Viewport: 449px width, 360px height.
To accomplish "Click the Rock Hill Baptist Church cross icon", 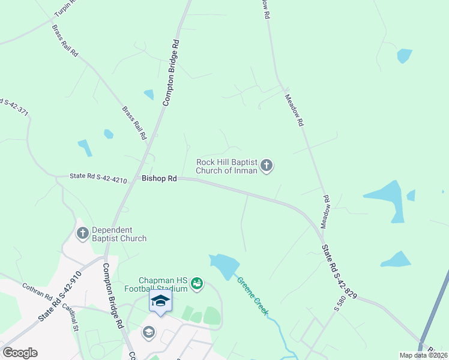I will pyautogui.click(x=267, y=166).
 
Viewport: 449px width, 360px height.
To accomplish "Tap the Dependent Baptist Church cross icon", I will pyautogui.click(x=83, y=232).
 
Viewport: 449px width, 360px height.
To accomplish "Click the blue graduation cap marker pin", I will pyautogui.click(x=160, y=301).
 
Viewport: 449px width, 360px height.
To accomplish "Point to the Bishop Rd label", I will pyautogui.click(x=160, y=178).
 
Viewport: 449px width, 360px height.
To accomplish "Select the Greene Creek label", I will pyautogui.click(x=252, y=296).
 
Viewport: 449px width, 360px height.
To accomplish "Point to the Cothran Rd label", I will pyautogui.click(x=38, y=291).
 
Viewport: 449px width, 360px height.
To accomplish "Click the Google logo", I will pyautogui.click(x=20, y=353).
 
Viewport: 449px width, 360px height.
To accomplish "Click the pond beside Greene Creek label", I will pyautogui.click(x=224, y=266).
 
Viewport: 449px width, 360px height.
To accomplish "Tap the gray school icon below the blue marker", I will pyautogui.click(x=148, y=331).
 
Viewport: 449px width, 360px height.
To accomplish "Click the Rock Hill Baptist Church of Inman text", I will pyautogui.click(x=227, y=166).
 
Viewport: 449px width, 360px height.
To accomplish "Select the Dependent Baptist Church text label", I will pyautogui.click(x=119, y=234).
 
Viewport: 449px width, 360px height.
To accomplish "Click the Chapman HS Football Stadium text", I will pyautogui.click(x=164, y=284).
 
